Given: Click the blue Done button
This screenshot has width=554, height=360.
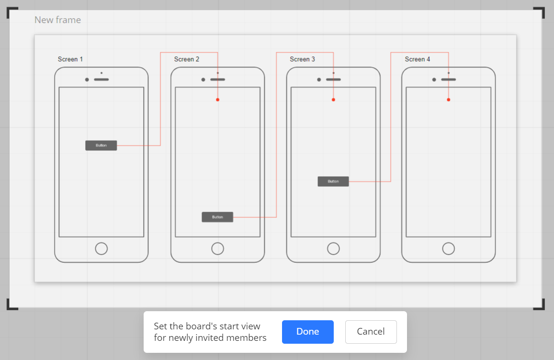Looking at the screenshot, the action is (x=307, y=332).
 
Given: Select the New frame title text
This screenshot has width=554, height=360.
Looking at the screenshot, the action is (x=57, y=20).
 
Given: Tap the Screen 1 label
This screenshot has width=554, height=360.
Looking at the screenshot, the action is (x=70, y=59).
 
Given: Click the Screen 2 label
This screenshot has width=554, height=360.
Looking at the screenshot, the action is (x=187, y=59).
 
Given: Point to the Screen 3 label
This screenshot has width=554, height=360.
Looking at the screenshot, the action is (x=303, y=59).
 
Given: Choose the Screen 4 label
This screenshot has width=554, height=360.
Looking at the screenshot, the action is (x=418, y=59).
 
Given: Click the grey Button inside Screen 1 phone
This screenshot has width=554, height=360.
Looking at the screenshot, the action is (x=101, y=145).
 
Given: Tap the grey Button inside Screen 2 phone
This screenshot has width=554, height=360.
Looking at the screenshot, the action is (x=217, y=217).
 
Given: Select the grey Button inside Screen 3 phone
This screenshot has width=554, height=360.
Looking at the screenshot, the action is (x=333, y=181).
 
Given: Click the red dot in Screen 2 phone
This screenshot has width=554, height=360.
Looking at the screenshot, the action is (x=218, y=100).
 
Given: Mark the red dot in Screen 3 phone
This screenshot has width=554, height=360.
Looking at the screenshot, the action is (x=333, y=100).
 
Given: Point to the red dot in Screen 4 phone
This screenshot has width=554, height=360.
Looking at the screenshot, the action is (x=448, y=100).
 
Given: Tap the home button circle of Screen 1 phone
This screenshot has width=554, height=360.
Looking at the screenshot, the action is (x=102, y=243).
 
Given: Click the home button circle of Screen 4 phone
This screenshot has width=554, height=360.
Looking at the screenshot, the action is (x=448, y=243).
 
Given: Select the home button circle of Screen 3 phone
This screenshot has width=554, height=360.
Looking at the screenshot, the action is (x=333, y=243).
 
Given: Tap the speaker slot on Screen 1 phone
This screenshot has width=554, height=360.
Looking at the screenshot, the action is (x=102, y=79).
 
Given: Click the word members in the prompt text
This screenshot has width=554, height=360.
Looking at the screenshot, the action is (x=246, y=338).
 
